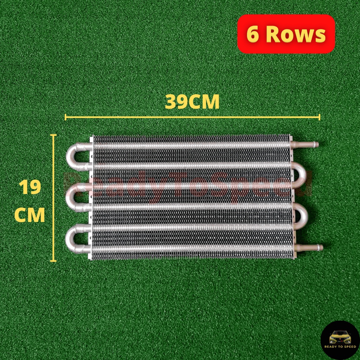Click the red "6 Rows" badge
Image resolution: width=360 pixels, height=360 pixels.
tap(286, 34)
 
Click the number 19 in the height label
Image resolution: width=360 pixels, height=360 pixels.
tap(30, 187)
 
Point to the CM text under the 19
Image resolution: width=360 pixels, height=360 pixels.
tap(30, 215)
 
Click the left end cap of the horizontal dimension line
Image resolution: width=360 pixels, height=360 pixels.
tap(66, 117)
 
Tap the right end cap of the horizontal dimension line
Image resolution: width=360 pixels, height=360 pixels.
tap(319, 117)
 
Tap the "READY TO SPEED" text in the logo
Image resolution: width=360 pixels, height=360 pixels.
tap(340, 347)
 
